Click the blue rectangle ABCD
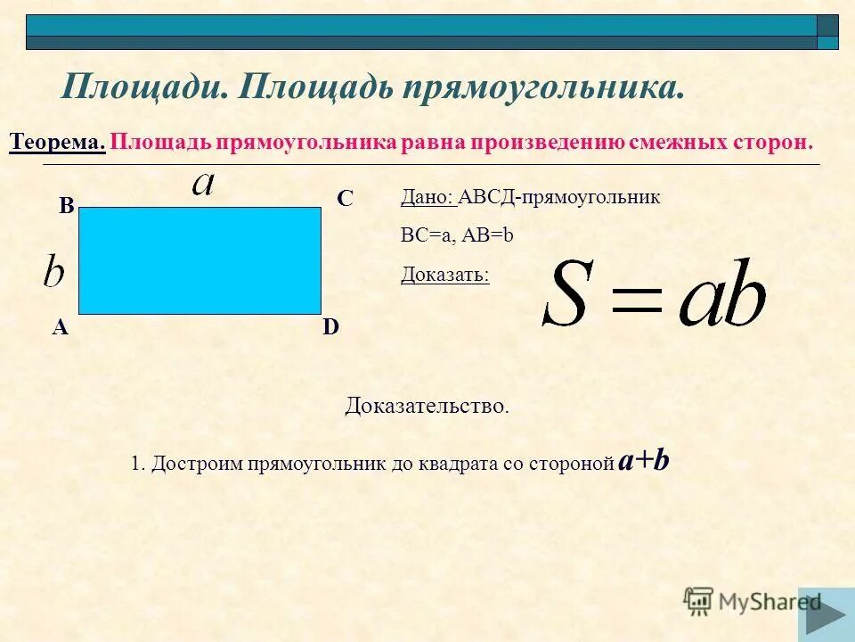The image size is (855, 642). click(x=199, y=260)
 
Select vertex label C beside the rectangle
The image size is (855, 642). click(x=345, y=199)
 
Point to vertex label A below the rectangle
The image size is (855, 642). click(x=60, y=327)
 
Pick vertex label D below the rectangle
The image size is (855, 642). click(x=330, y=327)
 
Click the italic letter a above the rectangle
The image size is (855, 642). click(x=204, y=183)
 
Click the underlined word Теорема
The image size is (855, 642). click(x=57, y=143)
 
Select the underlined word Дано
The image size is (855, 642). click(x=427, y=197)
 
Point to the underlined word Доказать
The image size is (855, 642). click(x=444, y=274)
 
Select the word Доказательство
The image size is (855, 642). click(x=427, y=407)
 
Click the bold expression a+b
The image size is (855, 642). click(x=644, y=461)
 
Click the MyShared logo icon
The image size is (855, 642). click(x=699, y=602)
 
